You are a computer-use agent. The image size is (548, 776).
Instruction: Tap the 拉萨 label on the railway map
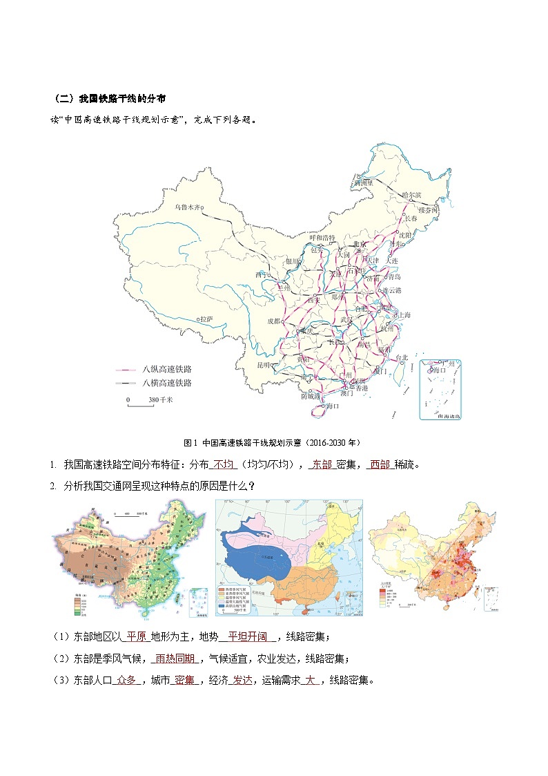(x=206, y=319)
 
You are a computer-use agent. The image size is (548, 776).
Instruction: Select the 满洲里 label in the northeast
(x=363, y=183)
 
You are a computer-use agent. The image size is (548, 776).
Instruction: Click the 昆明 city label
(x=264, y=364)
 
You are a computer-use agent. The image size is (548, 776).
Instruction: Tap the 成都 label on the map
(x=275, y=321)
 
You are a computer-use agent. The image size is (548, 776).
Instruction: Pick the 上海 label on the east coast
(x=403, y=315)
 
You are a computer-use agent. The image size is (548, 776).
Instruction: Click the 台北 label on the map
(x=401, y=357)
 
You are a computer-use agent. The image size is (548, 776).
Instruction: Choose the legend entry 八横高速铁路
(x=166, y=383)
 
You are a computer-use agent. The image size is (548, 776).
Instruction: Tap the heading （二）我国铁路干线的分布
(x=109, y=99)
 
